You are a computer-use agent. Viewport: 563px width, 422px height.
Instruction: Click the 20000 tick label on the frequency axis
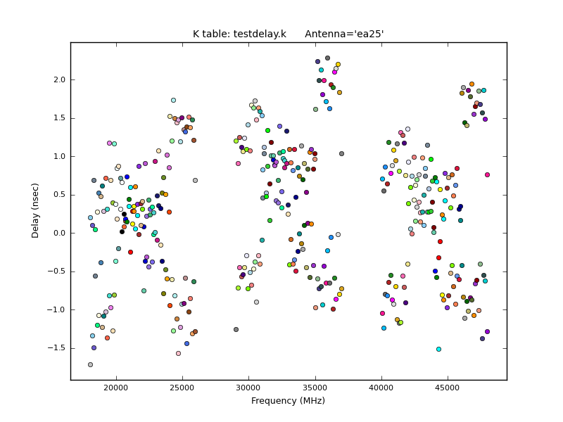tap(116, 387)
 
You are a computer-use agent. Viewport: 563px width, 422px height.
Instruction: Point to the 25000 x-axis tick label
tap(183, 387)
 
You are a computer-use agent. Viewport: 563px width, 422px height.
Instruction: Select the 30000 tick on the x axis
tap(249, 387)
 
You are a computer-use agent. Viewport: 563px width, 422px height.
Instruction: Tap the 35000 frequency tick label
tap(315, 387)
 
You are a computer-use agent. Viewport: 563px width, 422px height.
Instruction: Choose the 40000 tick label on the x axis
tap(382, 387)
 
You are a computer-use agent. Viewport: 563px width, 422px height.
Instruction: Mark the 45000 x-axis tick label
tap(448, 387)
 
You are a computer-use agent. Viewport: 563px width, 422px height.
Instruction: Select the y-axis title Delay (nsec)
tap(35, 210)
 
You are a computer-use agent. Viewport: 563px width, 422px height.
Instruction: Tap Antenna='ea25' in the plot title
tap(344, 34)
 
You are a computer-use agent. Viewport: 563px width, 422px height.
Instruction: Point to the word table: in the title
tap(216, 34)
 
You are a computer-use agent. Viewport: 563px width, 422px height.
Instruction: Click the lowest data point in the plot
tap(90, 364)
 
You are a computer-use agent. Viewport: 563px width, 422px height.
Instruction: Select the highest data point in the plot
tap(327, 58)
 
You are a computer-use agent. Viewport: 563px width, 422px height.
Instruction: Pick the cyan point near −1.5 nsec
tap(438, 349)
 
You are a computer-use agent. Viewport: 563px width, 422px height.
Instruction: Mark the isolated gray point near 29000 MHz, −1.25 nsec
tap(236, 329)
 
